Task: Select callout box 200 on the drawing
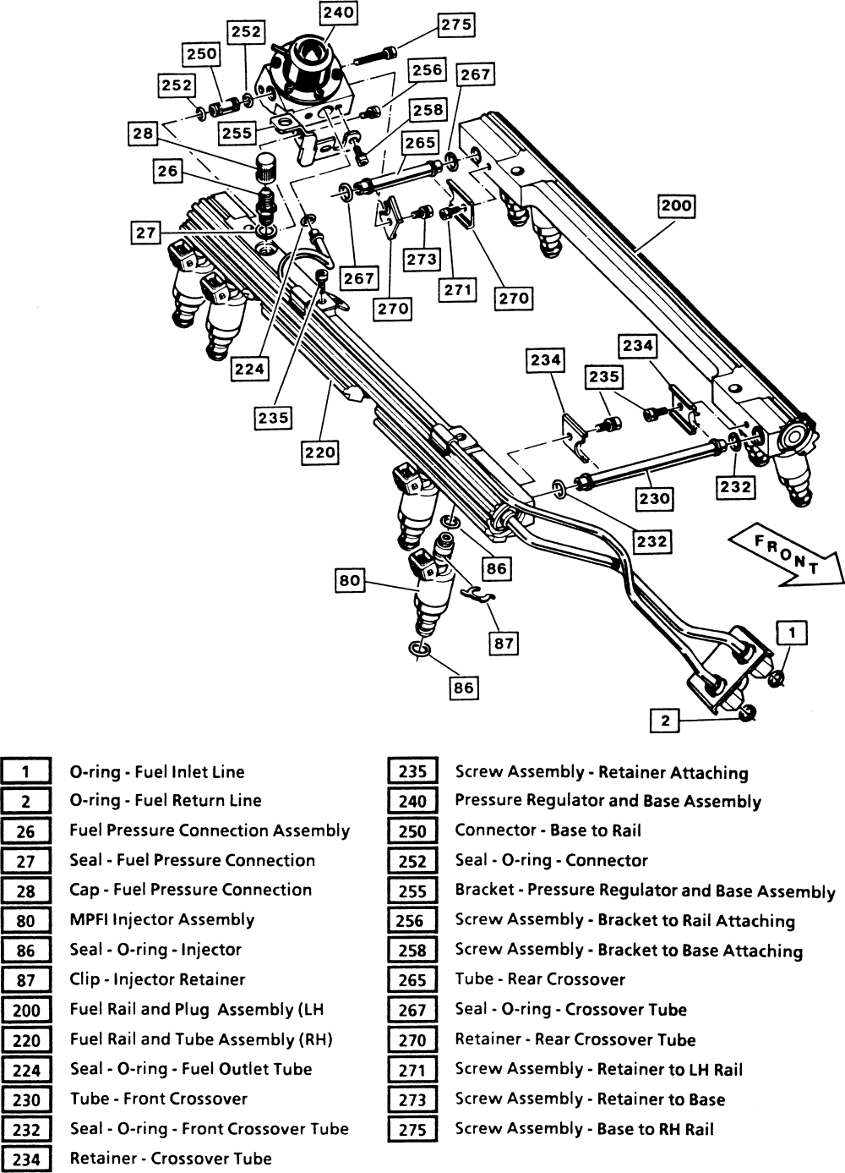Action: point(676,206)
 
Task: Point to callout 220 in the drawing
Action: point(320,452)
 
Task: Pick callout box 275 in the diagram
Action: point(456,25)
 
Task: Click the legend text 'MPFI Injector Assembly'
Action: point(161,919)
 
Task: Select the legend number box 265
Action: point(412,980)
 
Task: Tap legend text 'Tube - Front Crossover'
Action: point(158,1099)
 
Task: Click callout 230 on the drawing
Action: point(654,498)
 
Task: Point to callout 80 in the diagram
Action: point(349,581)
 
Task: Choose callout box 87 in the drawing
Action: point(504,644)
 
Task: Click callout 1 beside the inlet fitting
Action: point(792,632)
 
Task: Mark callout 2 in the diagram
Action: point(666,721)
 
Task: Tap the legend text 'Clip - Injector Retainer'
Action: point(157,979)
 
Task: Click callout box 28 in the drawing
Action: point(143,134)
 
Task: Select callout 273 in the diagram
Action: point(422,260)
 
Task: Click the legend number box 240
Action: point(412,801)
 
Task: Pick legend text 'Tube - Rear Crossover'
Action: point(540,979)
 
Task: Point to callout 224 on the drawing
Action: point(250,369)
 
